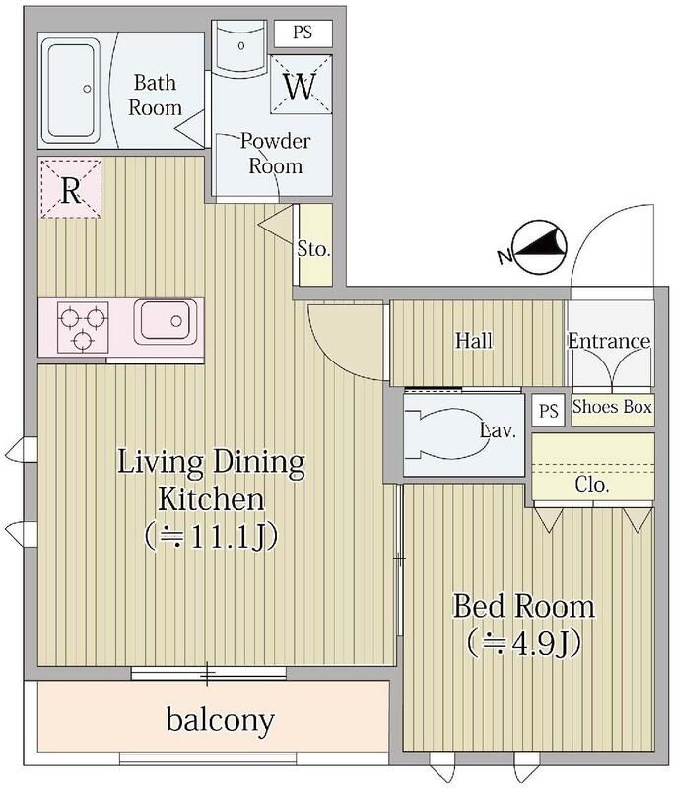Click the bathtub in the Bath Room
click(71, 90)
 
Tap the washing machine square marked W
click(302, 85)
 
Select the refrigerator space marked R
click(71, 189)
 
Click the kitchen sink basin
click(165, 322)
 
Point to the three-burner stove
click(83, 327)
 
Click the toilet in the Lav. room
click(443, 434)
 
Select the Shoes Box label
click(612, 406)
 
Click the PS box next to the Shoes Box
click(548, 410)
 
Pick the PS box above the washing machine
click(303, 33)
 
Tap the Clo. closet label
click(592, 485)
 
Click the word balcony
click(220, 721)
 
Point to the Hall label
click(473, 340)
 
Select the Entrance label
click(609, 341)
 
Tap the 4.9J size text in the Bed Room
click(524, 643)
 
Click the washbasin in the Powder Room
click(239, 46)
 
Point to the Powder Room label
click(275, 154)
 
